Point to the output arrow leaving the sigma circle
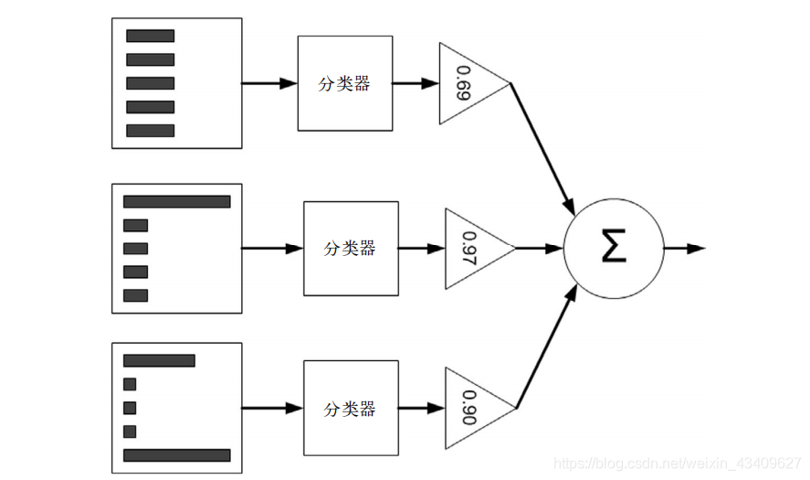(685, 249)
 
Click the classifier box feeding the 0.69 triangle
(345, 83)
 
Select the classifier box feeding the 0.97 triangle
(351, 249)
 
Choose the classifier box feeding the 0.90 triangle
(351, 408)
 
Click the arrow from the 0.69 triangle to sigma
(542, 149)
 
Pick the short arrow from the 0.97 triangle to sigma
(539, 249)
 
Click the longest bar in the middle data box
(176, 202)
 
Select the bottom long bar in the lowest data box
(176, 455)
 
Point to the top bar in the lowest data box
(159, 360)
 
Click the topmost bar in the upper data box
(151, 36)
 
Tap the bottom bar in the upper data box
(151, 131)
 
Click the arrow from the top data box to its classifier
(269, 83)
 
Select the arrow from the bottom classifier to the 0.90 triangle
(422, 408)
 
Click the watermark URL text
(678, 463)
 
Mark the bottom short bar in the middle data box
(135, 295)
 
